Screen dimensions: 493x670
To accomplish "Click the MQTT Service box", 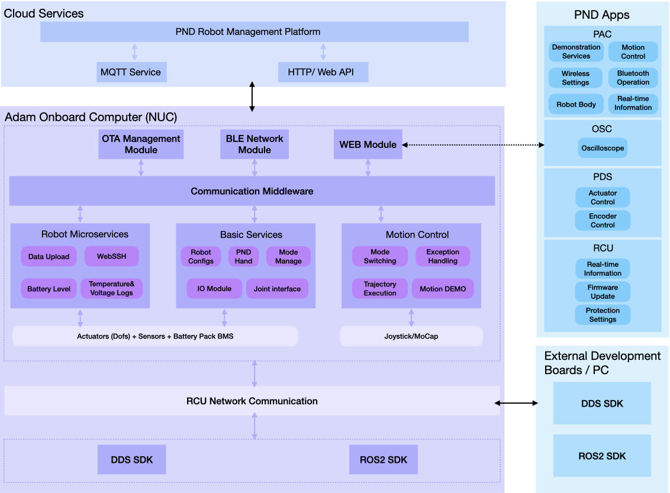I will point(131,72).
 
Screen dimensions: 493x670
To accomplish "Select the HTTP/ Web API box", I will point(323,72).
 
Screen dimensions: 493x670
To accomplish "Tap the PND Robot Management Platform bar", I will point(255,32).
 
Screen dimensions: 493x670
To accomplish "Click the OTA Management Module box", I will point(141,144).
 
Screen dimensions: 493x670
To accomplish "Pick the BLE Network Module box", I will point(255,144).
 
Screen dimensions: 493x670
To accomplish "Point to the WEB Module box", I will point(368,144).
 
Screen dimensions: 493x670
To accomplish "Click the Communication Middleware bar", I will point(252,191).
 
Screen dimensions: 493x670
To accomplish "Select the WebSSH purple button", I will point(112,256).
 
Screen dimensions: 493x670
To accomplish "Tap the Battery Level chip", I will point(49,289).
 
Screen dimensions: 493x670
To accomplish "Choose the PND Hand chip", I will point(243,256).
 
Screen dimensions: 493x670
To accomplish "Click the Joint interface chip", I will point(277,289).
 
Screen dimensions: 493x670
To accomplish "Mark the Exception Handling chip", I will point(443,256).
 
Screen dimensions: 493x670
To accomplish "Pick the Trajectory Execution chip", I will point(380,289).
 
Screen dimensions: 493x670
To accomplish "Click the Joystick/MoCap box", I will point(411,336).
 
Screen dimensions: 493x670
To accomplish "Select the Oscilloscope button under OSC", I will point(603,148).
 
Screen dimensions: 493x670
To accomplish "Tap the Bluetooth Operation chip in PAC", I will point(633,78).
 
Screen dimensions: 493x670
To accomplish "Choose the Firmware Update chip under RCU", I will point(603,292).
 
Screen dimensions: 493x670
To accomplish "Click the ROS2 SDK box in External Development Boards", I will point(602,456).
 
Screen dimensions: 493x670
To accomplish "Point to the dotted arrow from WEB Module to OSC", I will point(473,144).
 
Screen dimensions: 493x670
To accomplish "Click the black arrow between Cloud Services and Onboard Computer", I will point(252,97).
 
